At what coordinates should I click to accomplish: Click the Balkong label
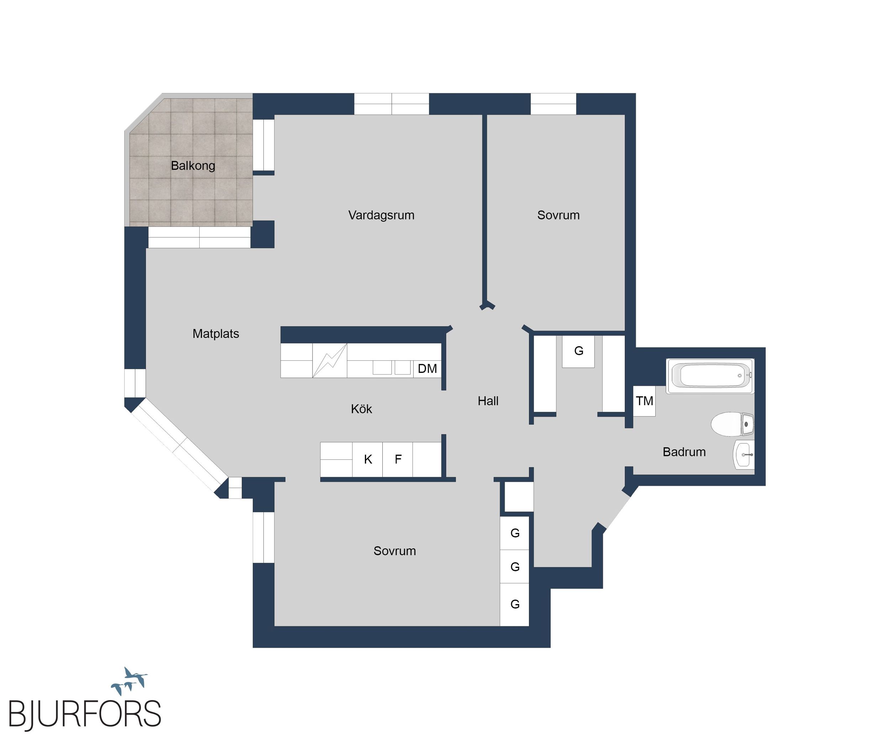point(193,165)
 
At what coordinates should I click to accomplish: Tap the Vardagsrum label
point(381,215)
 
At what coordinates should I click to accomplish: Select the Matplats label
point(216,334)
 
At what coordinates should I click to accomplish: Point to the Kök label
point(361,409)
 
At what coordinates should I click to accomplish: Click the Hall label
point(488,401)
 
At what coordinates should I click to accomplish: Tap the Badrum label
point(684,452)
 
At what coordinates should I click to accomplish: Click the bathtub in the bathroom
point(710,376)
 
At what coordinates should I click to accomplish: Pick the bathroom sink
point(744,454)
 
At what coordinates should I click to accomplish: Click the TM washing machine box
point(644,401)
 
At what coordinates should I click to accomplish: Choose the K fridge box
point(367,459)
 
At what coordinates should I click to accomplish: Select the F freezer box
point(398,459)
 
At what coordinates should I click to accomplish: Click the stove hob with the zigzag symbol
point(330,360)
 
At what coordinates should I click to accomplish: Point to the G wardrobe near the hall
point(578,351)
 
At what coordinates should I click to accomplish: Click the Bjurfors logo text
point(85,714)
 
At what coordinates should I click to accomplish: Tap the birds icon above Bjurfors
point(129,681)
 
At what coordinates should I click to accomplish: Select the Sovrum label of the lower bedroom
point(394,551)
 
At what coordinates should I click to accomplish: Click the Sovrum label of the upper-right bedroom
point(558,215)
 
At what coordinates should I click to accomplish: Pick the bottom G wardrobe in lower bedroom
point(514,604)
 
